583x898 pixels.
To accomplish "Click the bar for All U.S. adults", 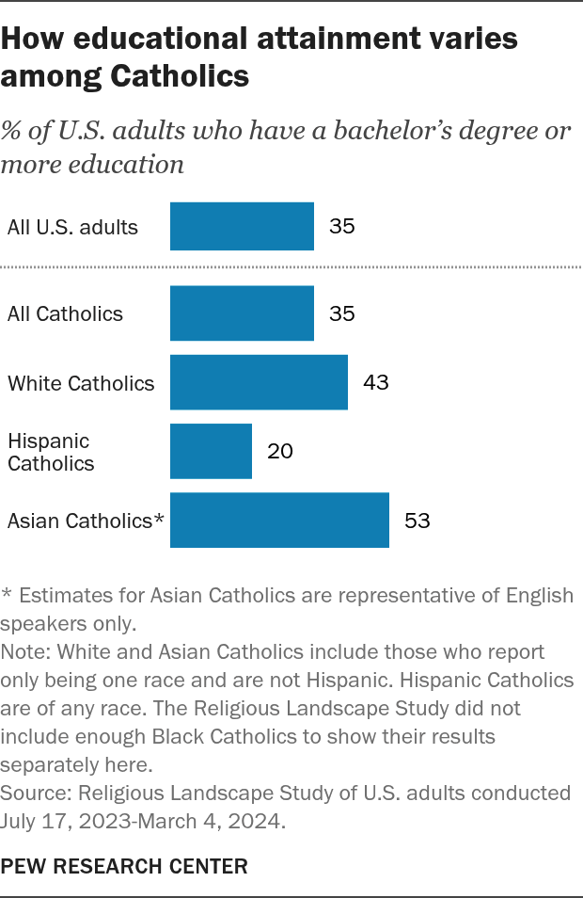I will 242,226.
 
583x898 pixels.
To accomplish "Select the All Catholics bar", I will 242,313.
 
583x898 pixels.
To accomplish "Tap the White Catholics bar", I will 259,382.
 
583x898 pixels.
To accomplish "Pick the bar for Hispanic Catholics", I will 211,451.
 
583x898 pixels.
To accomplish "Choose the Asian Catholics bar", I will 279,520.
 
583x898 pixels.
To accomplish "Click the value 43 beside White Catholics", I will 376,382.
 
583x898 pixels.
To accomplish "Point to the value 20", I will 280,452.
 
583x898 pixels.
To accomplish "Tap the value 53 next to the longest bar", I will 418,521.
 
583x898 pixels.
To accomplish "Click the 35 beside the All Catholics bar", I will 342,313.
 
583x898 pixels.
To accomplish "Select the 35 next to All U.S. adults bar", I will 342,226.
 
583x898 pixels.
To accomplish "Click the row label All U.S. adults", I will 72,227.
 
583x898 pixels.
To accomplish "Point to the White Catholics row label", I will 81,383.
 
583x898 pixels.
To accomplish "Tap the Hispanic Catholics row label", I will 51,452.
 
